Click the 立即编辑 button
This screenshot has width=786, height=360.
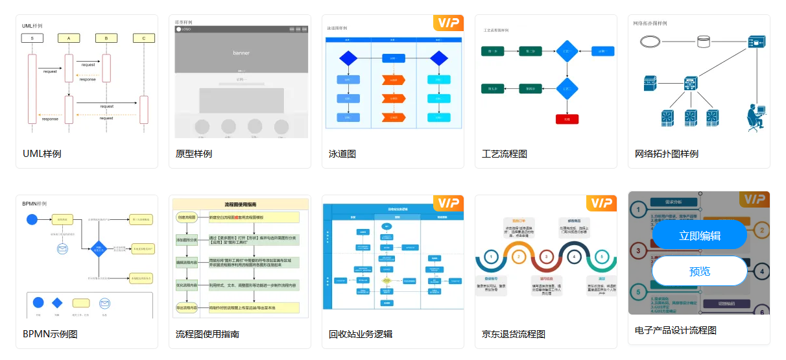tap(699, 235)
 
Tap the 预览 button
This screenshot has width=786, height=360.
tap(699, 271)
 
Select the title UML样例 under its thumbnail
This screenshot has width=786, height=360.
tap(42, 154)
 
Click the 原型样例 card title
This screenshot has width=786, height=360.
tap(194, 154)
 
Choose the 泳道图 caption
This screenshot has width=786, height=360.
tap(342, 154)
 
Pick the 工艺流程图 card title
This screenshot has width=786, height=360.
tap(505, 154)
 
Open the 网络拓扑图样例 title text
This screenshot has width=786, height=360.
tap(667, 154)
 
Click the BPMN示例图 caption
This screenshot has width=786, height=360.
tap(50, 334)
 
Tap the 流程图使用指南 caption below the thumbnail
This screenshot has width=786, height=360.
tap(208, 334)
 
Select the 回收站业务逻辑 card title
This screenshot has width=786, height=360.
tap(361, 334)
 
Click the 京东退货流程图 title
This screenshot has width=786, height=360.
tap(514, 334)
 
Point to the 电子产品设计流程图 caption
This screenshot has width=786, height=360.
tap(676, 330)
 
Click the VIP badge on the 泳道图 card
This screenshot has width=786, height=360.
tap(448, 23)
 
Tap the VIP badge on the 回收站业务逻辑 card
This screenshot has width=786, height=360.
tap(448, 204)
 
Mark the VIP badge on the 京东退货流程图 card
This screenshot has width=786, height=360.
tap(601, 204)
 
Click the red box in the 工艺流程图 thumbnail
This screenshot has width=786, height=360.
tap(567, 119)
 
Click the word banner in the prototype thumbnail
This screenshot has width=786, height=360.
tap(241, 53)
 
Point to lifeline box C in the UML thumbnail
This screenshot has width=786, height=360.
tap(144, 38)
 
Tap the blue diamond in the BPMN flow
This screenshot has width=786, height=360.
tap(98, 248)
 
